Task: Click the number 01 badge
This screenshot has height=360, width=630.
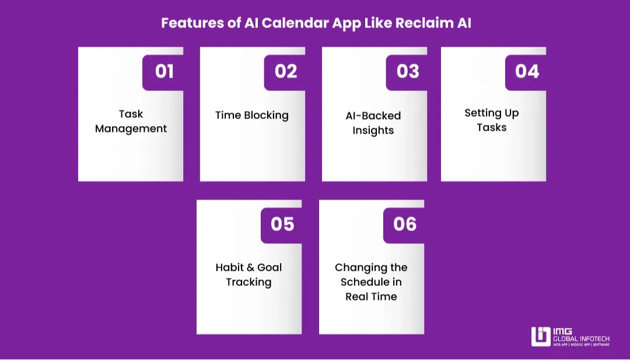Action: [x=163, y=72]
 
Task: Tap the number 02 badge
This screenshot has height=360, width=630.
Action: [x=285, y=72]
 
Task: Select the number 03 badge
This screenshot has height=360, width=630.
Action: [x=407, y=72]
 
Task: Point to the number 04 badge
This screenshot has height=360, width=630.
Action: [x=526, y=72]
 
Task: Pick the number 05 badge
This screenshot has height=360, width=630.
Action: [x=282, y=225]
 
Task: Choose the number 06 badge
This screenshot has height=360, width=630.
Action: [x=404, y=225]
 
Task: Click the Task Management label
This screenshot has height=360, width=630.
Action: [x=131, y=121]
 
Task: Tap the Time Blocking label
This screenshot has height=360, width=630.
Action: [x=252, y=116]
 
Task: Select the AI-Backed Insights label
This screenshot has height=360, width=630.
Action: [x=373, y=123]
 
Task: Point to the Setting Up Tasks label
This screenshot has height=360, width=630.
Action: [x=492, y=120]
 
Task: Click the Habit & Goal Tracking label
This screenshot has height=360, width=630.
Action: [x=249, y=275]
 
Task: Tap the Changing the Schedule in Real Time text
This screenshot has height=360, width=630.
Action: [x=371, y=282]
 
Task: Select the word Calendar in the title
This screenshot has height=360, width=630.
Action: [x=295, y=23]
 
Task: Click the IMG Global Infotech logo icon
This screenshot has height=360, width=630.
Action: [x=541, y=337]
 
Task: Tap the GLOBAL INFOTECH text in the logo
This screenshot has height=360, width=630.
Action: [x=582, y=339]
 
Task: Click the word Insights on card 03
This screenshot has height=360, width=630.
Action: [x=373, y=131]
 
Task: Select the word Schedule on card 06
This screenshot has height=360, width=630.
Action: [x=365, y=282]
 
